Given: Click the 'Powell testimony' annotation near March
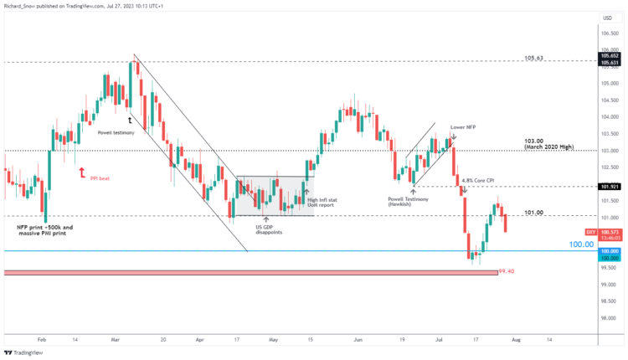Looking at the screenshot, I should point(116,132).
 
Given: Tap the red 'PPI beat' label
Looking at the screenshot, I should point(100,178).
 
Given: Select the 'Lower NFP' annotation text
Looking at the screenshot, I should point(462,127).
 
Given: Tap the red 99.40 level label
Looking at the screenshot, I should point(505,271).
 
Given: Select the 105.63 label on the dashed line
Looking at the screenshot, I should point(535,58).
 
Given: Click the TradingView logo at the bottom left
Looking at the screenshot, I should point(25,352).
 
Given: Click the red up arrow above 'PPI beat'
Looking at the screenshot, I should point(81,172).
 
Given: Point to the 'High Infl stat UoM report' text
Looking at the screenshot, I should point(322,202).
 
